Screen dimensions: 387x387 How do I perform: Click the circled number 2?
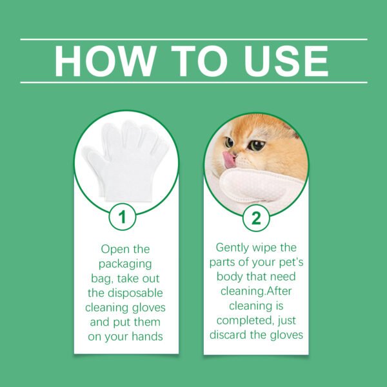pos(256,218)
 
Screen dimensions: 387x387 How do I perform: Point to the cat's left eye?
pos(257,146)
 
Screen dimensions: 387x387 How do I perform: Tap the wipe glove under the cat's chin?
pos(258,184)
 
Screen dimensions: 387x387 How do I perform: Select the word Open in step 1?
pos(113,248)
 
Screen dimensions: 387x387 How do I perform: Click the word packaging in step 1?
pos(127,263)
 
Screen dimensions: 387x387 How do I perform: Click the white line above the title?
pos(193,39)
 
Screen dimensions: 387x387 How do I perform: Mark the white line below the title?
pos(193,83)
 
